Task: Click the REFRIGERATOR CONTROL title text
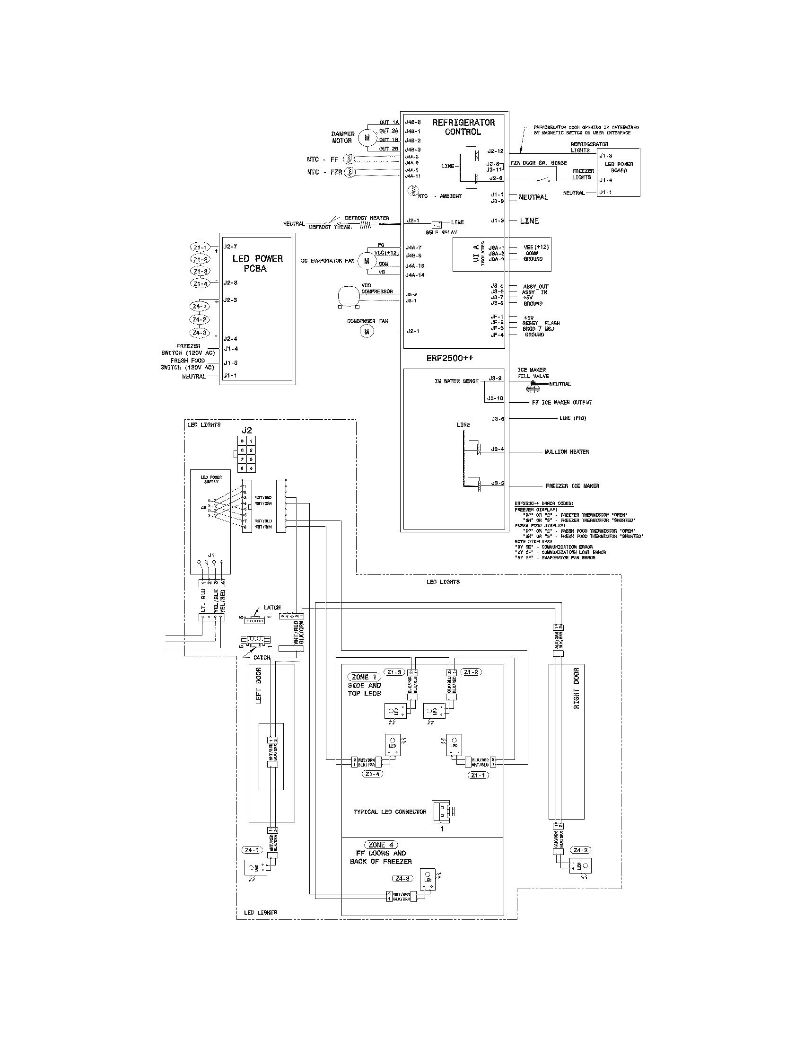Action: (x=463, y=127)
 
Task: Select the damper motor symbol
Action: (x=367, y=137)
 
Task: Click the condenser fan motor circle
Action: (x=367, y=332)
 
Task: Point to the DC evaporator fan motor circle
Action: (x=366, y=261)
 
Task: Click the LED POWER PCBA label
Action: (x=257, y=264)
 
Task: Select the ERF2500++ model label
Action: (x=450, y=358)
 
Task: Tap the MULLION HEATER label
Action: (x=567, y=451)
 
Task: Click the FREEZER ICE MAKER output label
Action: (x=573, y=485)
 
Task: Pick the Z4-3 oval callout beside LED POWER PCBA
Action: (x=200, y=333)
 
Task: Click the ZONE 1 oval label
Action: (x=364, y=677)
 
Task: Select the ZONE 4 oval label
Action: (x=380, y=845)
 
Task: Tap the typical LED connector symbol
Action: (x=444, y=811)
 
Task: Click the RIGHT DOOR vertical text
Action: (x=577, y=688)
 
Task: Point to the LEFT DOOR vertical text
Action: (x=259, y=686)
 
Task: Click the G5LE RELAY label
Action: (x=441, y=233)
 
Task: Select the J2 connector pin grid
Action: (x=247, y=454)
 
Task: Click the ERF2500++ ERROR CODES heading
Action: (x=544, y=503)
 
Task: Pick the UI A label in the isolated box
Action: (x=476, y=254)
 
